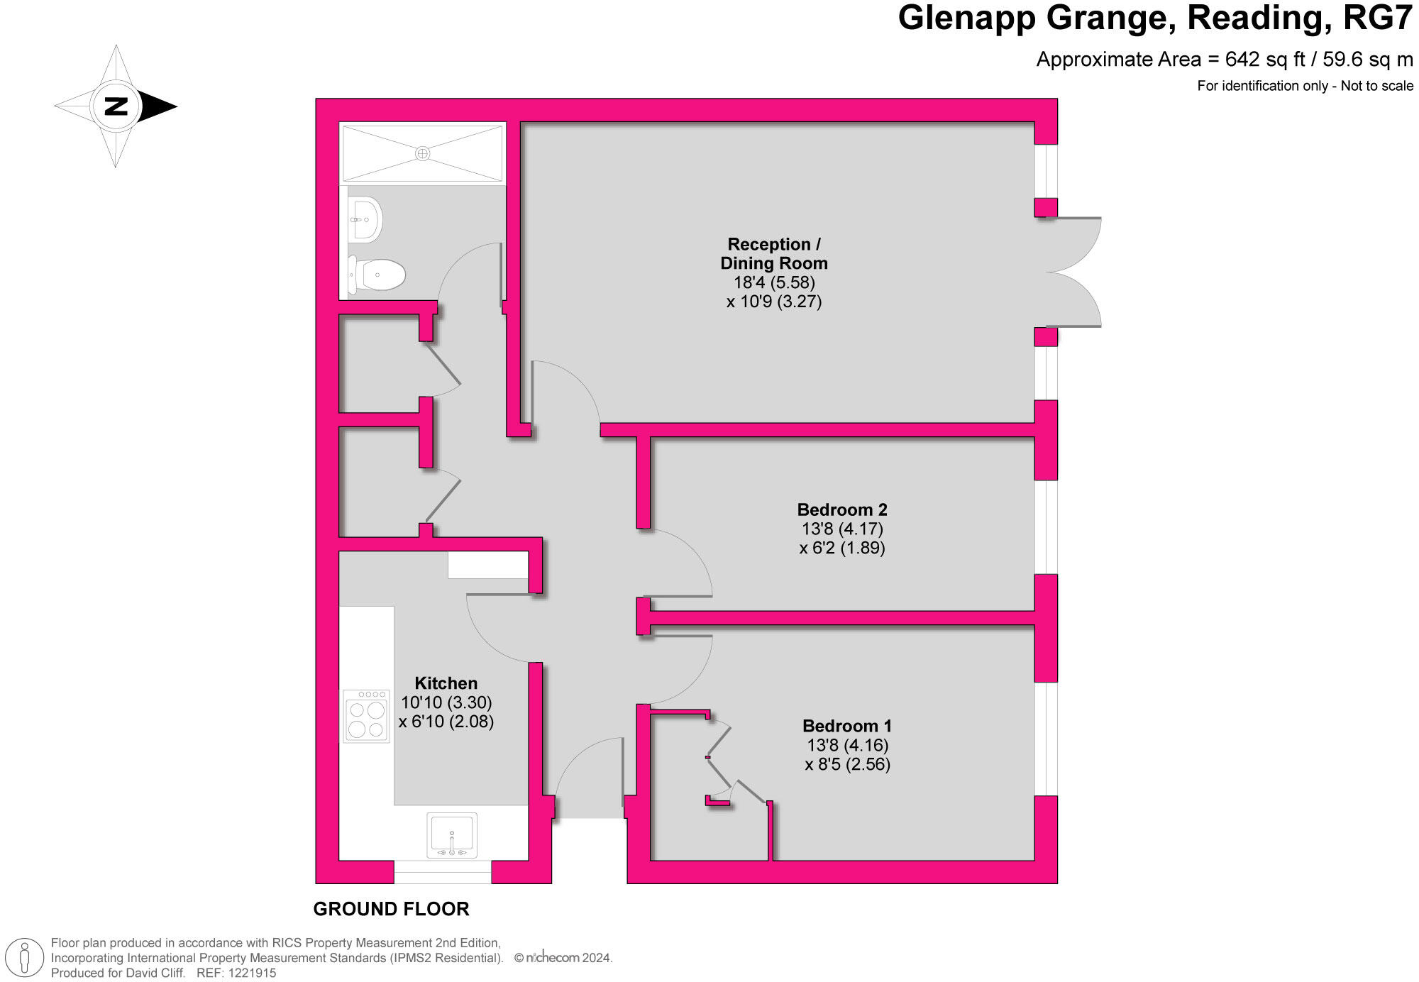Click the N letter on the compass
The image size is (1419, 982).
(x=116, y=106)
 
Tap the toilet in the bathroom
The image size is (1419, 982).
(x=377, y=274)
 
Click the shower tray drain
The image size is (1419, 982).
(x=423, y=153)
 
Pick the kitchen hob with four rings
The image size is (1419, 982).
(x=366, y=716)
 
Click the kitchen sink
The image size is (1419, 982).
(x=452, y=835)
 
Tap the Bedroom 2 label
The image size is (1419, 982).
(x=842, y=509)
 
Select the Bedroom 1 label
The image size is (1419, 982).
(x=846, y=726)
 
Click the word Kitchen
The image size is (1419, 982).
(x=446, y=683)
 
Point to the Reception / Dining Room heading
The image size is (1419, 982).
(x=774, y=253)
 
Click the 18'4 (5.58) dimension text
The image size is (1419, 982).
(x=774, y=282)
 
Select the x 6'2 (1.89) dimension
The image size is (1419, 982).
(x=842, y=548)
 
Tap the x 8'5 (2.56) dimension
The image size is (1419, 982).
(x=847, y=764)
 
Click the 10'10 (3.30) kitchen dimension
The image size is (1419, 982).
(x=446, y=702)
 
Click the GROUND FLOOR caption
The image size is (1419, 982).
(x=391, y=909)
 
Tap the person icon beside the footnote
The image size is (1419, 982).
(x=26, y=957)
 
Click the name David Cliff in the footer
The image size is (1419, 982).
(x=155, y=973)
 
